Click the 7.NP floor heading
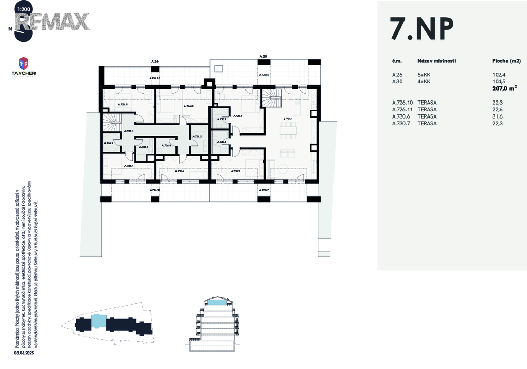[x=422, y=29]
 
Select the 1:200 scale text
[x=23, y=9]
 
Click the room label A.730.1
[x=288, y=119]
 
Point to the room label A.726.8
[x=188, y=106]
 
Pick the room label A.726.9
[x=122, y=105]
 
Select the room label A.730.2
[x=236, y=171]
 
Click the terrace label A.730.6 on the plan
[x=265, y=75]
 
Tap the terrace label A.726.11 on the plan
[x=155, y=190]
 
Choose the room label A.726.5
[x=197, y=136]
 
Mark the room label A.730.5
[x=222, y=119]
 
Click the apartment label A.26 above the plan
[x=154, y=62]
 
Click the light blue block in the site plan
[x=98, y=323]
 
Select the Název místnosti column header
[x=436, y=61]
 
